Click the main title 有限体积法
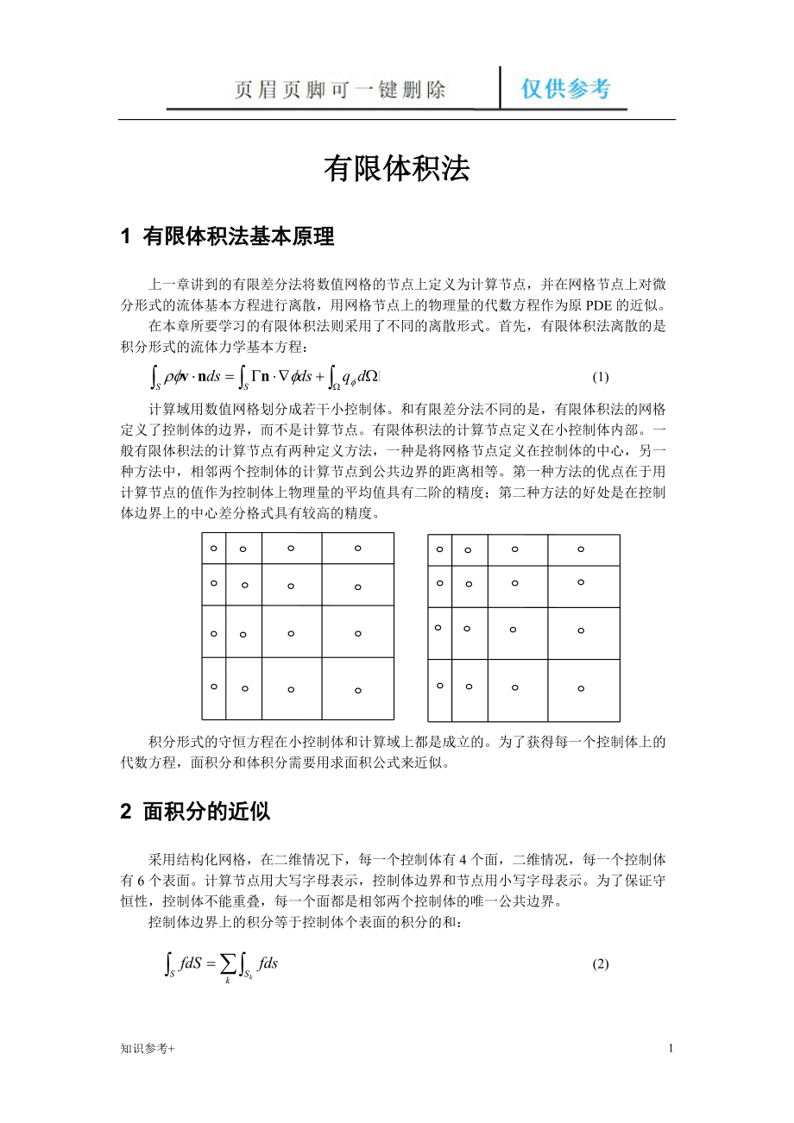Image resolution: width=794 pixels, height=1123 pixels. click(x=396, y=170)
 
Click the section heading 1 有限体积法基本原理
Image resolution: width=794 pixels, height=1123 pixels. click(x=227, y=237)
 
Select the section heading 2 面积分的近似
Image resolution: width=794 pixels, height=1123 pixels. click(x=195, y=812)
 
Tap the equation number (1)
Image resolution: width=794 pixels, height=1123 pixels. click(x=601, y=377)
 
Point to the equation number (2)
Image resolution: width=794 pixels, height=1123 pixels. click(x=601, y=964)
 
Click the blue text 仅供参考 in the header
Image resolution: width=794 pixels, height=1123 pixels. click(x=566, y=89)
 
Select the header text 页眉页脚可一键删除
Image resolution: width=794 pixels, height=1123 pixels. click(x=340, y=90)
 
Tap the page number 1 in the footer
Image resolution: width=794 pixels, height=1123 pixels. click(x=671, y=1048)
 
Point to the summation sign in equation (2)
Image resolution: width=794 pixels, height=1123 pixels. click(x=227, y=963)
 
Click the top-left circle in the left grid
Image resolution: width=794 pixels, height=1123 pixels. click(x=213, y=548)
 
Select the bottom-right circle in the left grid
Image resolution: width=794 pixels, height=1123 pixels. click(x=357, y=690)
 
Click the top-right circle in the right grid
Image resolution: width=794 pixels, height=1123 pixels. click(x=581, y=549)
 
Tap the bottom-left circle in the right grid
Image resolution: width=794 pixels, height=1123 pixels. click(x=439, y=686)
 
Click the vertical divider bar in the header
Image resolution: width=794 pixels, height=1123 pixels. click(x=500, y=88)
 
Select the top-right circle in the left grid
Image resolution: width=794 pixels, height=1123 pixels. click(x=357, y=548)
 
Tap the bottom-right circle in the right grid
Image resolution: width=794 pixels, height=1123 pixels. click(x=581, y=688)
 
